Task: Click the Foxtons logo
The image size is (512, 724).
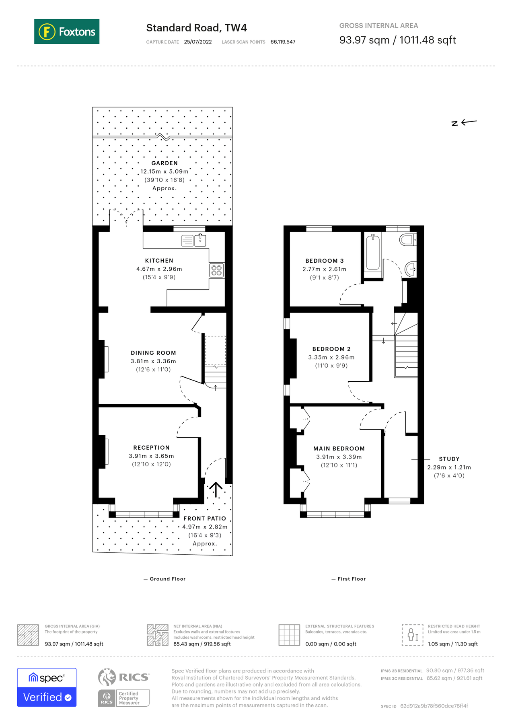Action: (x=67, y=31)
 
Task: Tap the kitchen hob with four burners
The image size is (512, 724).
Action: (x=216, y=270)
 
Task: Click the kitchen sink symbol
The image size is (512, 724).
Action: (x=200, y=241)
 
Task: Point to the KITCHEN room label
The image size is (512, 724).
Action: (x=159, y=261)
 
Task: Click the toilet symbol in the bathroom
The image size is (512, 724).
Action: (x=408, y=240)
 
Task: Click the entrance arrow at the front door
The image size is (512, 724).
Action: (x=216, y=490)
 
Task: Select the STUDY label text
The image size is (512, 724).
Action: (x=449, y=459)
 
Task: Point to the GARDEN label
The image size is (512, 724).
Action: (x=164, y=163)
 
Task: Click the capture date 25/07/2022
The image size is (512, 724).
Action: (x=198, y=42)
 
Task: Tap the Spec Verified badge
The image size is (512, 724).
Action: (x=47, y=687)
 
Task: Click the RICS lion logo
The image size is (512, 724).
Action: (x=107, y=677)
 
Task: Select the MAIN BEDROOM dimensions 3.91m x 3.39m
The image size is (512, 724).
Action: (x=339, y=457)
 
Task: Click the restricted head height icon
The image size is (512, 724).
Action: (x=412, y=635)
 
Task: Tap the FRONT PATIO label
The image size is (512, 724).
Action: (x=205, y=518)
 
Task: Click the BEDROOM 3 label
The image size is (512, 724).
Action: (x=325, y=261)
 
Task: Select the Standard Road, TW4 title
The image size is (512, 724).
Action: (x=196, y=28)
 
